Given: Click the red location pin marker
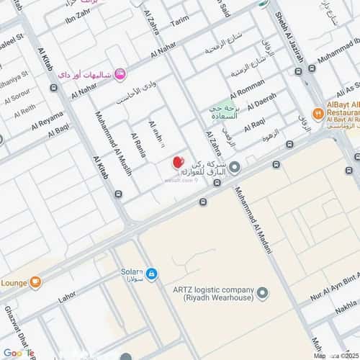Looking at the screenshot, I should click(177, 163).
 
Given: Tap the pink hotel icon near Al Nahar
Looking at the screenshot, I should click(120, 72).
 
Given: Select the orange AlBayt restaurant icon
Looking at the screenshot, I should click(318, 112).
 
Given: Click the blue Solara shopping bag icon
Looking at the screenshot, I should click(151, 274).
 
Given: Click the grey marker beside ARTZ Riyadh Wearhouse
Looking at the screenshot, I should click(263, 293).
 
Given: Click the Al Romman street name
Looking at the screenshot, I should click(248, 91).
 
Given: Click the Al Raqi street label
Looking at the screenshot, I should click(256, 126).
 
